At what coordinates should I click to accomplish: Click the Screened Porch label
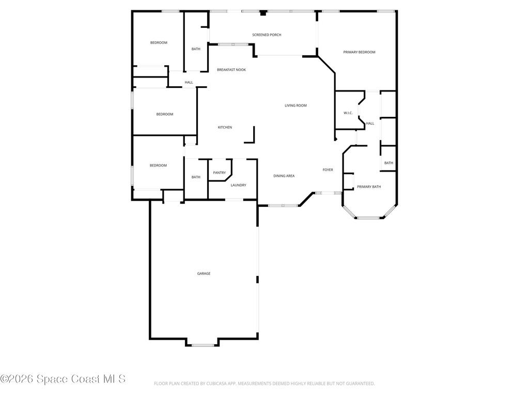267,35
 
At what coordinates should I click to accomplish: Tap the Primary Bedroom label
359,52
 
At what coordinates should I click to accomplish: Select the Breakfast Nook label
231,70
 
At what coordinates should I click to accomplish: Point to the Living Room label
295,105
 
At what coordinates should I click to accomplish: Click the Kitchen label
225,127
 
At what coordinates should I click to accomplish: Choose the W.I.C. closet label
348,113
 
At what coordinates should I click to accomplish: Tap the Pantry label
219,173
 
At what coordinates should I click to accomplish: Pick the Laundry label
238,185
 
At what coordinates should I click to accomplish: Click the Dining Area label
284,176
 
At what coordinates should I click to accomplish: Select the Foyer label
328,170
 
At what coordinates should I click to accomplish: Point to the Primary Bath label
369,187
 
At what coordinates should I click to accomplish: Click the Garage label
204,273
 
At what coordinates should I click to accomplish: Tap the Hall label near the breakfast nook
189,82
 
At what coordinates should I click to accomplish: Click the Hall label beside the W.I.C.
370,123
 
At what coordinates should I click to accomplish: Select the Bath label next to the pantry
196,177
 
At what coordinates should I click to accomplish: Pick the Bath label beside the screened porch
196,49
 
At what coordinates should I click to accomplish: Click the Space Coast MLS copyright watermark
63,379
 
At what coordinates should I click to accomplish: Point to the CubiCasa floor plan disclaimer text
264,384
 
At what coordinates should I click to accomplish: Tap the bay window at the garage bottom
203,345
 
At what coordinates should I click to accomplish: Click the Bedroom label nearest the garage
158,165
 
